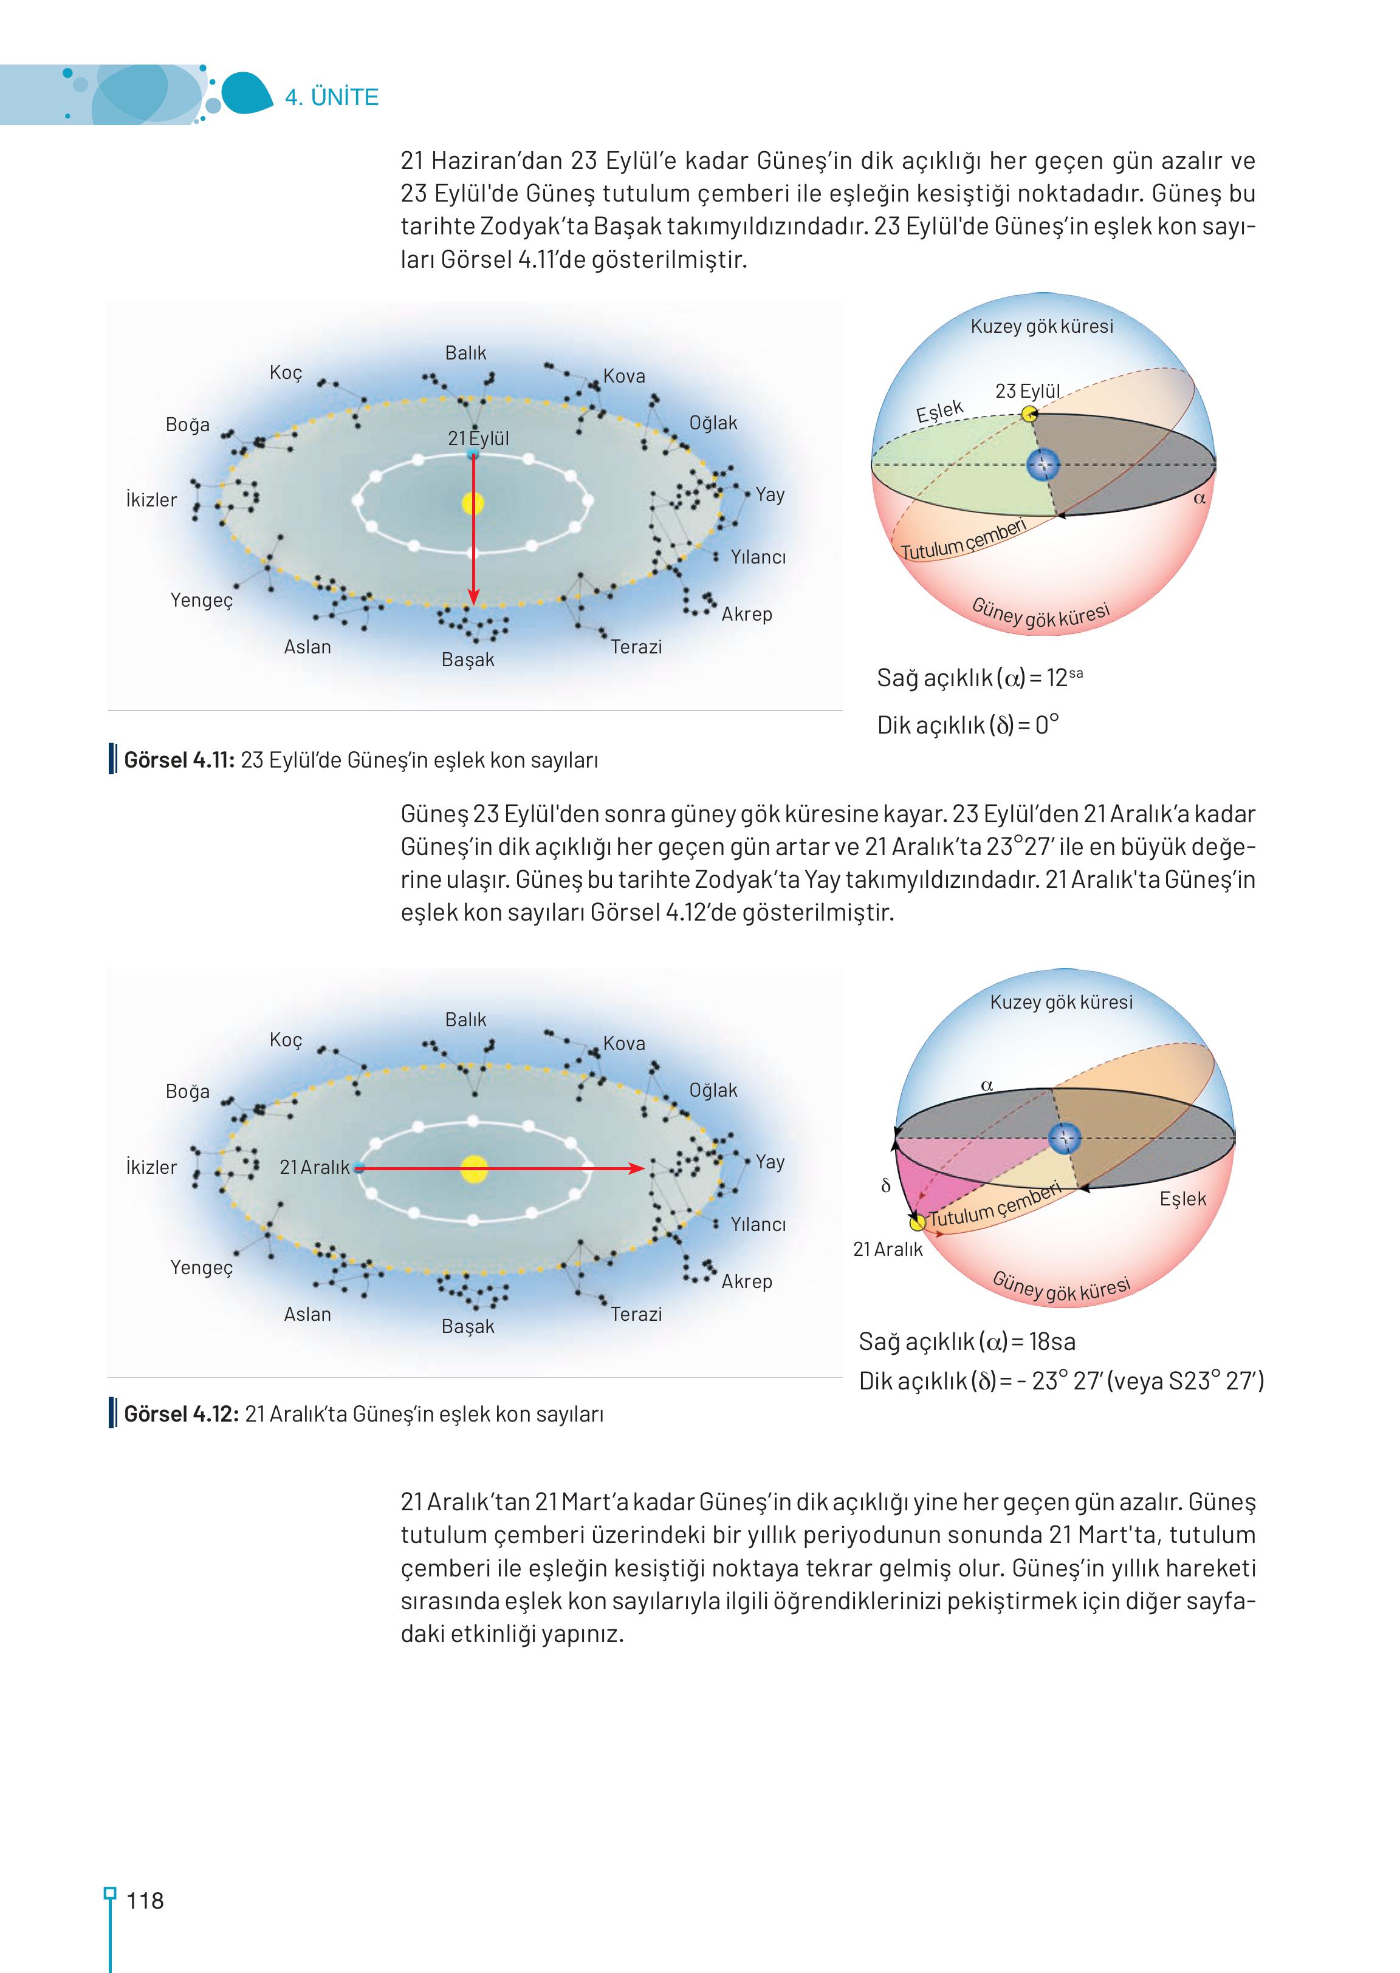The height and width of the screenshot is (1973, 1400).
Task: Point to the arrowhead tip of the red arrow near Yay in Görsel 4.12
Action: point(645,1168)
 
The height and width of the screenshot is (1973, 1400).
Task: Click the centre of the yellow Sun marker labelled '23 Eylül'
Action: point(1029,414)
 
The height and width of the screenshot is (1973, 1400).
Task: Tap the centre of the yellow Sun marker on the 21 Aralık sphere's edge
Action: point(918,1222)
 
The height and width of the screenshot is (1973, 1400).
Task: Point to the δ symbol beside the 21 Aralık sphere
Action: point(885,1187)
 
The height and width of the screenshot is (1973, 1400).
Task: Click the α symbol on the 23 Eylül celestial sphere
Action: point(1199,498)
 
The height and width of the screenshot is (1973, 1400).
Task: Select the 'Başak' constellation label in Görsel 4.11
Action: point(468,660)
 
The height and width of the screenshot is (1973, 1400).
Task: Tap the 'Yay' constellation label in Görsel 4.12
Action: point(770,1162)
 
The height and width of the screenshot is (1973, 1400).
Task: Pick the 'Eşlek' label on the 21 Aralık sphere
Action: point(1182,1199)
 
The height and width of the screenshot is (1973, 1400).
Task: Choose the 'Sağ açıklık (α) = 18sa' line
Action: point(967,1341)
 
